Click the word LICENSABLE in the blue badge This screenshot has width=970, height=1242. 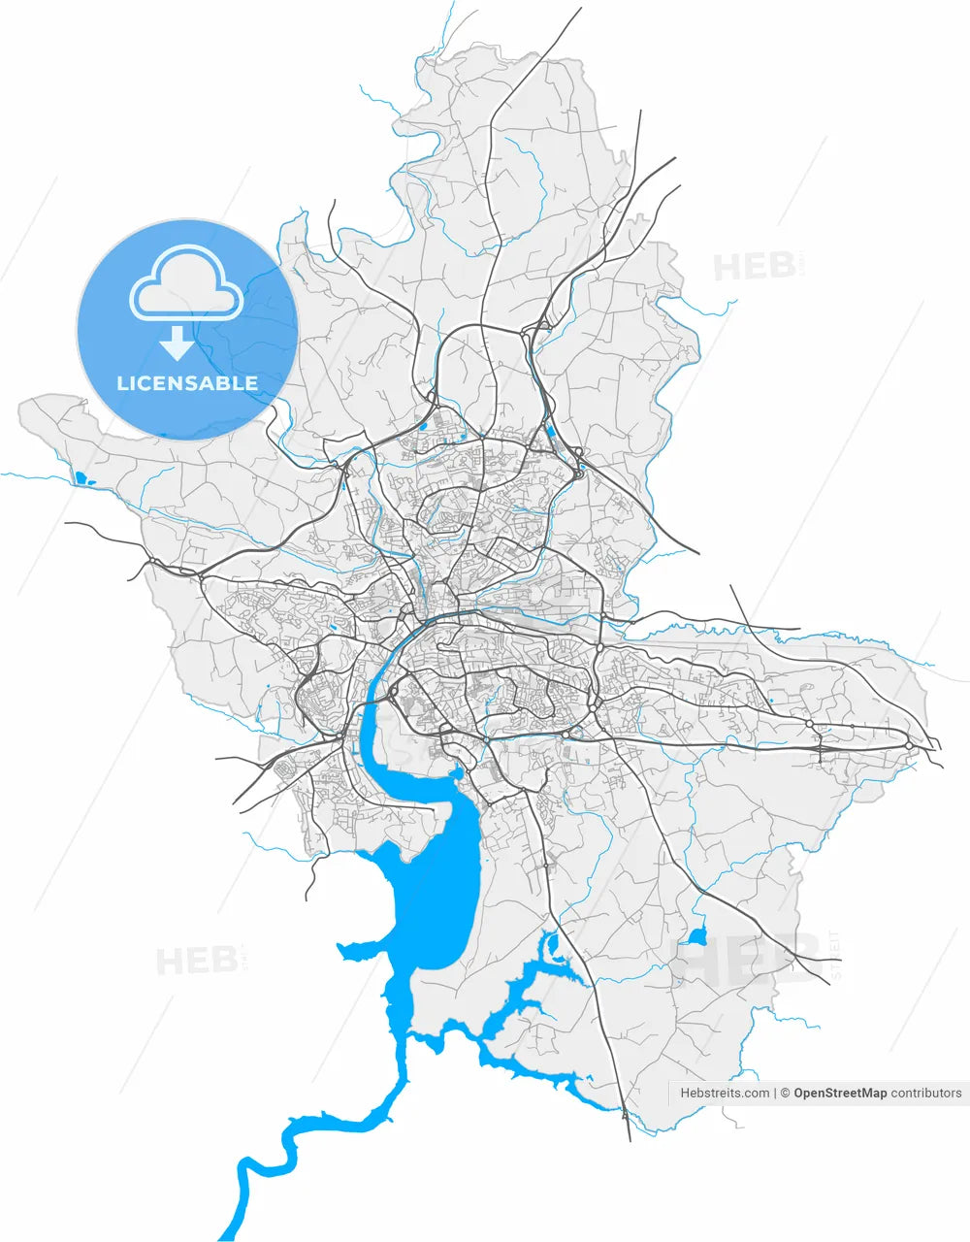point(187,383)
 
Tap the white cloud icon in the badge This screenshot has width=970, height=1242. point(186,284)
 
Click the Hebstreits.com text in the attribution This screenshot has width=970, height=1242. point(725,1093)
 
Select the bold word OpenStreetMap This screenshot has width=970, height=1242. point(840,1093)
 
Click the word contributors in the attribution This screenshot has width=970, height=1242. point(926,1093)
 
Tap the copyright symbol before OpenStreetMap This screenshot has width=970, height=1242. point(786,1093)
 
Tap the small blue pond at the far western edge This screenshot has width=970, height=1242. point(80,476)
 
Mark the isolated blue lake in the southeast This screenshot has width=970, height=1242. point(696,936)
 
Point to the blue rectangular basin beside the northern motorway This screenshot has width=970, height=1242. point(550,431)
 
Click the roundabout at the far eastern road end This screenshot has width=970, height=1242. point(909,745)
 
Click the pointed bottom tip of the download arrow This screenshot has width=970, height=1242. point(177,359)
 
